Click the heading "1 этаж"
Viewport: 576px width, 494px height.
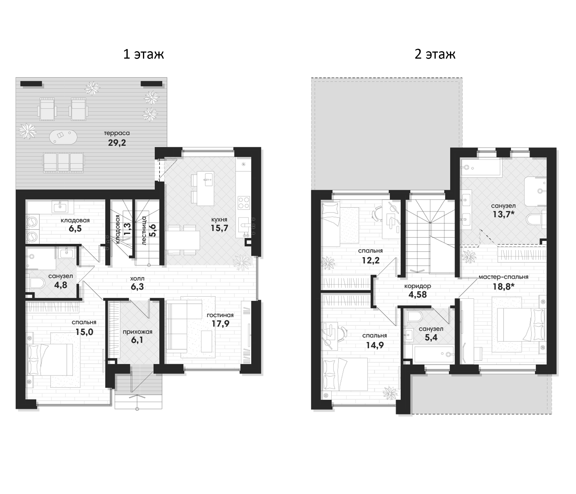143,54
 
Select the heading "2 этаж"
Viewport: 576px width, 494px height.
435,54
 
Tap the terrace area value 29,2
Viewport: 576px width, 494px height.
117,143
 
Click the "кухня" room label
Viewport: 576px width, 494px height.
219,220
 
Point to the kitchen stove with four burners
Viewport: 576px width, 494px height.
244,202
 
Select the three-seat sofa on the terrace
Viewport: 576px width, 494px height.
63,162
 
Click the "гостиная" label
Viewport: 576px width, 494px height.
220,315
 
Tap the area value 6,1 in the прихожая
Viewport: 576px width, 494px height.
137,340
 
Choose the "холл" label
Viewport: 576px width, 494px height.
137,279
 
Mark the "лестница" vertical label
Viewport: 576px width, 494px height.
144,230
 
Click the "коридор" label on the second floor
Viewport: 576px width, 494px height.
418,286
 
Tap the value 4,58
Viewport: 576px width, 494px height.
418,295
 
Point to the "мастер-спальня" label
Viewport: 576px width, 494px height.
503,277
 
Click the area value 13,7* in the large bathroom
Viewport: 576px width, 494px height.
503,215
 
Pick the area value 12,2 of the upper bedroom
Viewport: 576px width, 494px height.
370,260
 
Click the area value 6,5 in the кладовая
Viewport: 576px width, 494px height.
75,229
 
